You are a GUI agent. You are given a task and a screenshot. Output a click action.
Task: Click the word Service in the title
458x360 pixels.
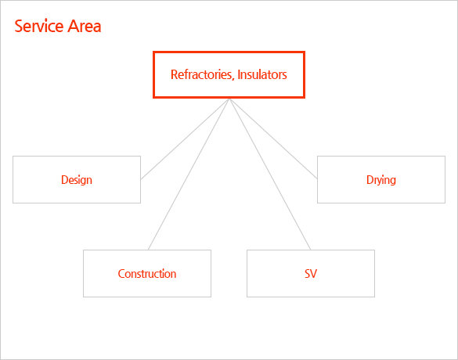[39, 27]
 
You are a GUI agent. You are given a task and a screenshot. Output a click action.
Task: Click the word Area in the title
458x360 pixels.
[85, 27]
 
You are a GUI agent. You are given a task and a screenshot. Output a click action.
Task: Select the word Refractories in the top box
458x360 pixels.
[201, 74]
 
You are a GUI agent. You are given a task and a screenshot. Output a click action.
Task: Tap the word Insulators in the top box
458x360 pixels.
[262, 74]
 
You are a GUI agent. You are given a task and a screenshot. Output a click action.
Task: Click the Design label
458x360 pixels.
[77, 180]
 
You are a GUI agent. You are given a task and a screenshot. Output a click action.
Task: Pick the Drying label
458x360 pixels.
[381, 180]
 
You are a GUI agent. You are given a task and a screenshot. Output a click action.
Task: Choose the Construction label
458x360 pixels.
[147, 274]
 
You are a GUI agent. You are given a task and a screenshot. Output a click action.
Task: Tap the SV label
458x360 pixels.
[311, 274]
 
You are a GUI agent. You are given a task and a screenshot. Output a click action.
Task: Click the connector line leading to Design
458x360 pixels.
[186, 139]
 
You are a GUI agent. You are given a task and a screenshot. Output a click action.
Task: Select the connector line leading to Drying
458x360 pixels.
[273, 139]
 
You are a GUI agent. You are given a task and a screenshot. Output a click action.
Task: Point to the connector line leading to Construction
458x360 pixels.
[189, 175]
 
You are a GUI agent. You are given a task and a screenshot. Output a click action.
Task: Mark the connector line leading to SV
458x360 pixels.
[270, 175]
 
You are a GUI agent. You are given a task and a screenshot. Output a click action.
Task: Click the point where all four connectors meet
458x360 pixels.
[229, 99]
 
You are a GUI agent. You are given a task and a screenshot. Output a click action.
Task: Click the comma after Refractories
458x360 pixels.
[233, 78]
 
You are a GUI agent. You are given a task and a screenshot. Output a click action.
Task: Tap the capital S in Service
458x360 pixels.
[19, 27]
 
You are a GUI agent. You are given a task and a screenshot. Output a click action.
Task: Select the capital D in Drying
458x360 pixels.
[370, 179]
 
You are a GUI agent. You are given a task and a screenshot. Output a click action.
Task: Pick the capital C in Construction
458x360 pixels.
[121, 274]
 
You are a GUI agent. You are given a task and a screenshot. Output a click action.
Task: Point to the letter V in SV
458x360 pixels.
[314, 274]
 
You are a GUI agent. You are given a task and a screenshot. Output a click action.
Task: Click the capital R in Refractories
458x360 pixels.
[175, 74]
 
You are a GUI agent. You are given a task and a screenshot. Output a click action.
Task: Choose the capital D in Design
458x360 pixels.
[64, 179]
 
